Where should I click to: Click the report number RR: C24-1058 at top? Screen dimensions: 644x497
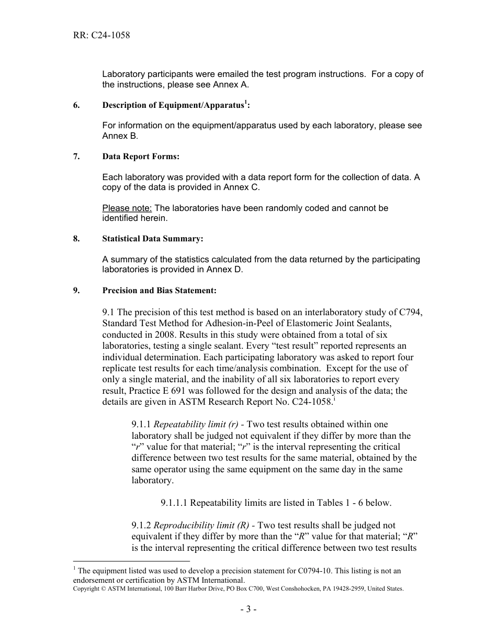[x=101, y=36]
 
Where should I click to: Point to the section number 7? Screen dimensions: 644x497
[x=76, y=157]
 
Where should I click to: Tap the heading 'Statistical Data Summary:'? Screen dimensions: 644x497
[x=153, y=239]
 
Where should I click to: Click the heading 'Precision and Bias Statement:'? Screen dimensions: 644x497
[x=159, y=291]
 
